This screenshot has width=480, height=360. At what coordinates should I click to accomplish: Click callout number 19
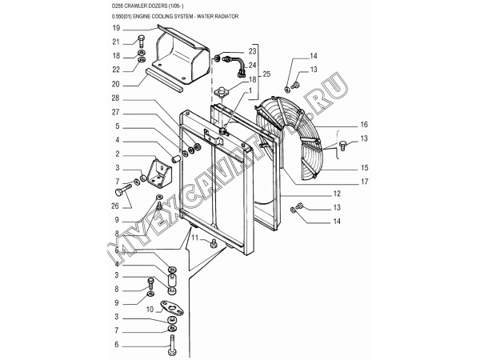116,29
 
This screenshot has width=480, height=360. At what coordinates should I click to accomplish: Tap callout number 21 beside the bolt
116,42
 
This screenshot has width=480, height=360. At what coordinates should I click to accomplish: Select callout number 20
116,84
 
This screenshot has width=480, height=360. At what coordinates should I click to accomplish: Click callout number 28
116,98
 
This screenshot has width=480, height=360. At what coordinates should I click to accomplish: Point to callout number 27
115,112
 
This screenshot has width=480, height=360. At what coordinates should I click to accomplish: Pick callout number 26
115,206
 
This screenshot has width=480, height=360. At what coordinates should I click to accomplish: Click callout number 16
364,125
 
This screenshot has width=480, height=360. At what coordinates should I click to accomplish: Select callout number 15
364,168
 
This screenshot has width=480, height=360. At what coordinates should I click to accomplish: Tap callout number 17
364,182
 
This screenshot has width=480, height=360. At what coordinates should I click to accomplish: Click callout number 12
337,194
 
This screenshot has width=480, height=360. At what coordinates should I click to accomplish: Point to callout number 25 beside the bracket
266,74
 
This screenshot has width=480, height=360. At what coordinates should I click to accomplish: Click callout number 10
150,310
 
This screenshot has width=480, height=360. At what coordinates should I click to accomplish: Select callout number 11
195,238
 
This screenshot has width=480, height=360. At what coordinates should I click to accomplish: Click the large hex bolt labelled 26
123,190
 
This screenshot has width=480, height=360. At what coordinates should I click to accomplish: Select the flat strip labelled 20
164,80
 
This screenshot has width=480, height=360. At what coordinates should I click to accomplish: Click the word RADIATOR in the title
226,17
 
